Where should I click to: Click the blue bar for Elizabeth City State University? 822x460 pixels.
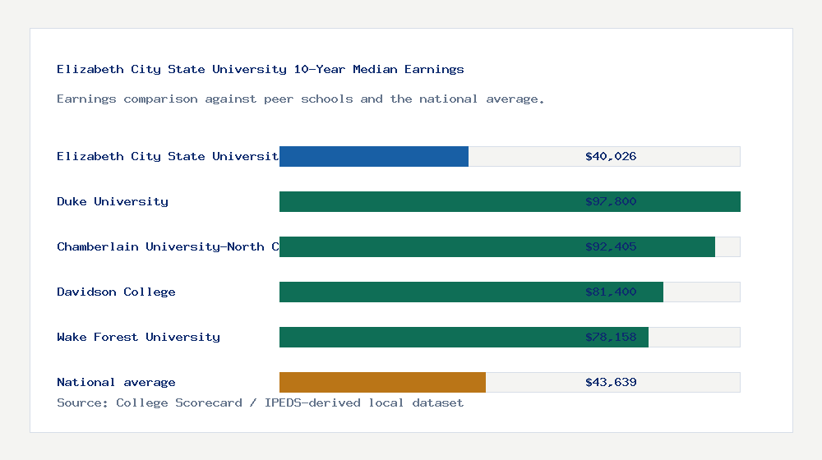click(374, 156)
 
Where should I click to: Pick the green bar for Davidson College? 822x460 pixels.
click(427, 292)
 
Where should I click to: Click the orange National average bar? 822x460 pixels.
click(382, 382)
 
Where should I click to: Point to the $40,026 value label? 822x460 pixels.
click(611, 156)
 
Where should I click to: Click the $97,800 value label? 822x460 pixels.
click(611, 201)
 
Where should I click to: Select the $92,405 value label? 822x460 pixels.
click(611, 246)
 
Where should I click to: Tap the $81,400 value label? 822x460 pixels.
click(611, 292)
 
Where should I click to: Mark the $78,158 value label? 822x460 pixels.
click(611, 337)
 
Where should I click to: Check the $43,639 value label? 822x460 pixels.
click(611, 382)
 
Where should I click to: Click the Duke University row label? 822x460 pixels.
click(113, 201)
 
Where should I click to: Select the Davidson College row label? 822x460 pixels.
click(116, 292)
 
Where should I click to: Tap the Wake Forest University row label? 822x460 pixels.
click(138, 337)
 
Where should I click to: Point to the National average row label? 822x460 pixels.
click(116, 382)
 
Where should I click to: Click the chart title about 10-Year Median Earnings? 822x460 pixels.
click(261, 69)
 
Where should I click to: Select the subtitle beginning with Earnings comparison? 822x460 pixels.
click(301, 99)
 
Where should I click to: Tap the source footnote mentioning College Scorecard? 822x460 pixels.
click(260, 402)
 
